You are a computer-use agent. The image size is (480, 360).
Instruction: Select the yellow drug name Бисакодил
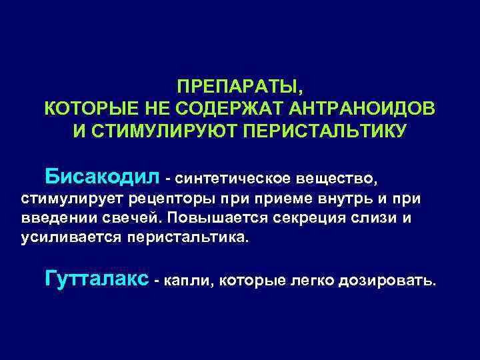point(103,177)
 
